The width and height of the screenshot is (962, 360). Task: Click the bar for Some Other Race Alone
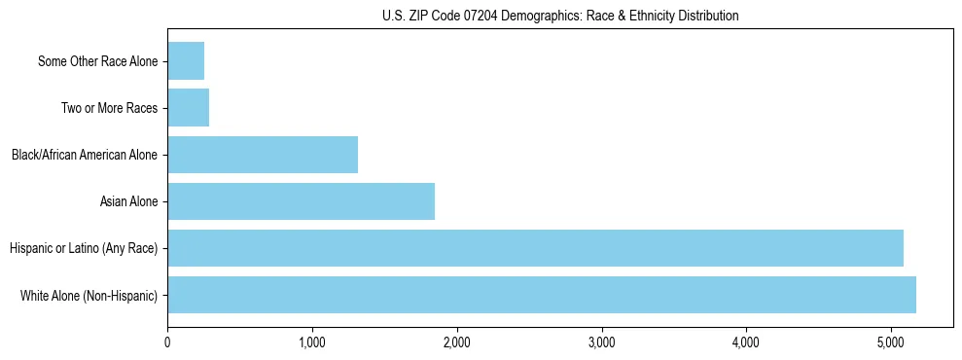(186, 61)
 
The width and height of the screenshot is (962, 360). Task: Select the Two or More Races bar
(189, 108)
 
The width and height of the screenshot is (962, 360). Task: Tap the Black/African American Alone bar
(263, 155)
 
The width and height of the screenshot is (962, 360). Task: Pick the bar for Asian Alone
(302, 201)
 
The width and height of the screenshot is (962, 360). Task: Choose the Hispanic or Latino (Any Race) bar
(535, 248)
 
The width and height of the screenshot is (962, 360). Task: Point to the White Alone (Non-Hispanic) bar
(542, 295)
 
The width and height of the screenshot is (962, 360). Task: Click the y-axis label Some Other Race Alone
(97, 62)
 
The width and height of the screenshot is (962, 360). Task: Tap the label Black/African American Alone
(85, 156)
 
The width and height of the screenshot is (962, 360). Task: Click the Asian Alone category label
(128, 202)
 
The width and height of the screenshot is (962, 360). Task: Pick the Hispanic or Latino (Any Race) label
(84, 249)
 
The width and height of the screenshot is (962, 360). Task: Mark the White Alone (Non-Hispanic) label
(89, 296)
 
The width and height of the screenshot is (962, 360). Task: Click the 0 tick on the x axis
(167, 343)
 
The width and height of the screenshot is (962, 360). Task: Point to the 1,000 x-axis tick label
(312, 343)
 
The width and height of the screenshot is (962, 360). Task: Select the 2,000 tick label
(457, 343)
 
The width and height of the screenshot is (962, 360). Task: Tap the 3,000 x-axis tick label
(602, 343)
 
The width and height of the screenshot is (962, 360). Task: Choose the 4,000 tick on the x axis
(746, 343)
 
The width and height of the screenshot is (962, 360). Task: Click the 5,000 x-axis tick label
(891, 343)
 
